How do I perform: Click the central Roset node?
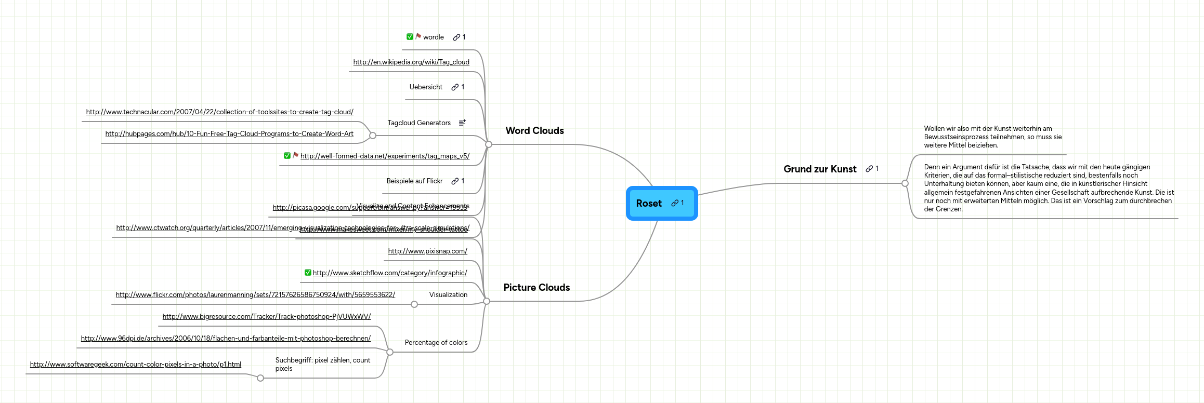coord(650,204)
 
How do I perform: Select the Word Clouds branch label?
coord(534,131)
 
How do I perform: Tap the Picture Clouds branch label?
coord(536,288)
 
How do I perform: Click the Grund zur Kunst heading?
coord(820,169)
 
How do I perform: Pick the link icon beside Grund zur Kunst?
coord(869,169)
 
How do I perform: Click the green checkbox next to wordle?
coord(410,37)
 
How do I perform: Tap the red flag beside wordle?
coord(418,36)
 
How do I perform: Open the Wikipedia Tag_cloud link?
coord(411,62)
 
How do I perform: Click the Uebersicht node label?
coord(426,87)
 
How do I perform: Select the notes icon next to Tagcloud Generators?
coord(462,123)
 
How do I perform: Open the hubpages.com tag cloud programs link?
coord(229,134)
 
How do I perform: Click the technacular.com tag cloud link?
coord(219,112)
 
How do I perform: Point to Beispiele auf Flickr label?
coord(414,181)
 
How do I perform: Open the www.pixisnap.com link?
coord(427,251)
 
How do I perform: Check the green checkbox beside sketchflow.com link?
coord(308,273)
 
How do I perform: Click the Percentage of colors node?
coord(436,343)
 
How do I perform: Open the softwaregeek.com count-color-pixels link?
coord(135,365)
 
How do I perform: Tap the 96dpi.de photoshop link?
coord(226,339)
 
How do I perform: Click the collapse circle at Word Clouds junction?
coord(489,144)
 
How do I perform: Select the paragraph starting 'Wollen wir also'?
coord(992,137)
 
